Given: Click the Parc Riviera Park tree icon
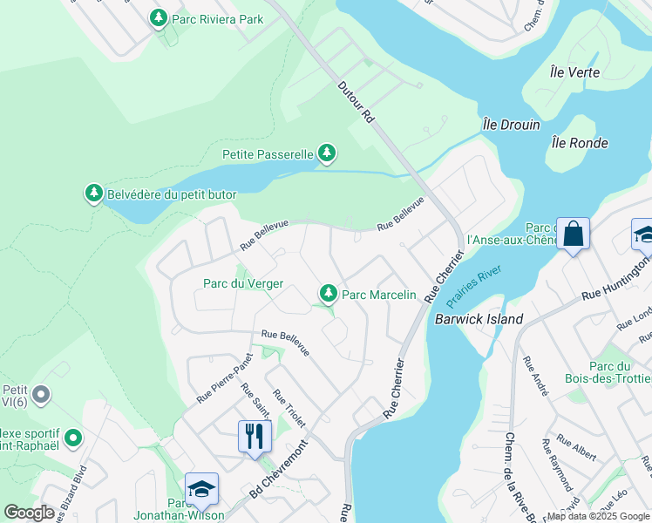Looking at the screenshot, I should click(159, 17).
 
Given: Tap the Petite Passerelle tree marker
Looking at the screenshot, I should click(327, 154).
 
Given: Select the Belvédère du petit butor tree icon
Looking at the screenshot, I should click(94, 194).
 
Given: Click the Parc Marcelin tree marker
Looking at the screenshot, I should click(329, 295).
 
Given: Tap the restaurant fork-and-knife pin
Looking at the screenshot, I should click(255, 437).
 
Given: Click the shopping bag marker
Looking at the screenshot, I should click(573, 234).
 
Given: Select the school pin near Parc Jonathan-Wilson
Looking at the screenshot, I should click(201, 490).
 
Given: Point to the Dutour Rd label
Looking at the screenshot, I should click(355, 103).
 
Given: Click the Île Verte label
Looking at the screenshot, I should click(574, 72).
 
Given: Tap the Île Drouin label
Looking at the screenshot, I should click(512, 125).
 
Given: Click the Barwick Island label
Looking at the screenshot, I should click(479, 319).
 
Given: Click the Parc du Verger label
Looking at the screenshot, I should click(243, 283).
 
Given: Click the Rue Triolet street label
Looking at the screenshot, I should click(289, 409).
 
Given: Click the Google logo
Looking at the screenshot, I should click(30, 513).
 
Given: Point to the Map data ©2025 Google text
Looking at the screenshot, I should click(597, 516).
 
